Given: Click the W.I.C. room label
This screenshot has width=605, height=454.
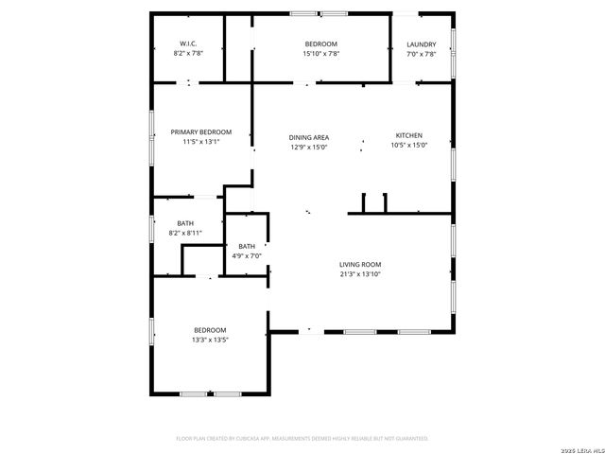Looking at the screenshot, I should coord(188,44).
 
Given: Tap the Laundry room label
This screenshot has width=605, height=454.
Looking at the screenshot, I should coord(421,44).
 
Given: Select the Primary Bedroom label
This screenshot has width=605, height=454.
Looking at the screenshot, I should coord(200,132).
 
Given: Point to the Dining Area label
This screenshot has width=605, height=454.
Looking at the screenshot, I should coord(308,137).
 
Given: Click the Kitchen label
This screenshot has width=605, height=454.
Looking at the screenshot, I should coord(408,135).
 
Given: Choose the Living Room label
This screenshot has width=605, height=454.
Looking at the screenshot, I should coord(360,265).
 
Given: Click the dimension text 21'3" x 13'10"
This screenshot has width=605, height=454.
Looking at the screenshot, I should coord(360,274).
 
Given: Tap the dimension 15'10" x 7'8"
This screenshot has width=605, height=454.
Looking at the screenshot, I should coord(320,54).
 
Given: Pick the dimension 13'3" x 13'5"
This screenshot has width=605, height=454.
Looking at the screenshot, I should coord(210,340).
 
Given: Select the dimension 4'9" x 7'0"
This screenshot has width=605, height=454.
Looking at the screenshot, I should coord(247,255).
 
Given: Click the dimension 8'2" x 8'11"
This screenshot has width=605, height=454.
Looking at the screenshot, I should coord(184,232).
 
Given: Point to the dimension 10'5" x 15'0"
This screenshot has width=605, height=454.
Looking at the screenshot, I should coord(408,146).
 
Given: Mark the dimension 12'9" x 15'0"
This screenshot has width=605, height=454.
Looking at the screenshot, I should coord(308,147).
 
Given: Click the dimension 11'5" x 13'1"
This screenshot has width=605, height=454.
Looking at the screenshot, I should coord(200,142).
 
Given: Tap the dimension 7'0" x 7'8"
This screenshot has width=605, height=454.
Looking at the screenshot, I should coord(421,54).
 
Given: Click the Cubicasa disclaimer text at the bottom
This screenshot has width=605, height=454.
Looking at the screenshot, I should coord(302,439).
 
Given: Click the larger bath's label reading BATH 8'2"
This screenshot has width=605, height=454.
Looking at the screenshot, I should coord(184,222).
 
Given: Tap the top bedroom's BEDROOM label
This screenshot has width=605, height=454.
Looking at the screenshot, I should coord(320,44).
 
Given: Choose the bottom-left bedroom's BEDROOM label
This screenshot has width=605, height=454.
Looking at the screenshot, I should coord(210,330).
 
